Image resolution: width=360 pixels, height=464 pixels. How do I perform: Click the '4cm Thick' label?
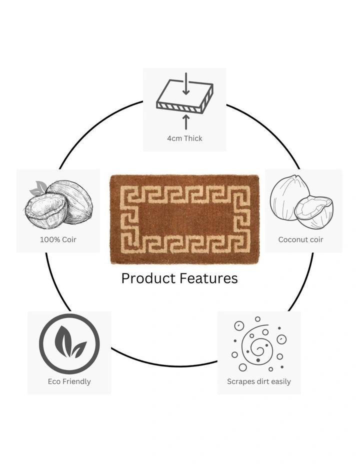(184, 138)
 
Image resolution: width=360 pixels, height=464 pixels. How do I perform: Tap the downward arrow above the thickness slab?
(186, 83)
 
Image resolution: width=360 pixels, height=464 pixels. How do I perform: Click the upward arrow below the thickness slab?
(186, 122)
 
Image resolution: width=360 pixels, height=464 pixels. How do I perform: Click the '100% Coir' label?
(58, 239)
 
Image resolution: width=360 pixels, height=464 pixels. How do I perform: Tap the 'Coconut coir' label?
(300, 239)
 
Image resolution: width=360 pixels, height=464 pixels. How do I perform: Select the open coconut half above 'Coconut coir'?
(314, 212)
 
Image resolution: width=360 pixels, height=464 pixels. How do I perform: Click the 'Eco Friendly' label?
(69, 381)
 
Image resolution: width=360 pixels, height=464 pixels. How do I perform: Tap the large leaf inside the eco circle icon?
(63, 341)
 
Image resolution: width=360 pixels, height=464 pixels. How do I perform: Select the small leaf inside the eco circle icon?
(78, 349)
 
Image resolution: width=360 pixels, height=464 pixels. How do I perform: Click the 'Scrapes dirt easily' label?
(259, 381)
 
